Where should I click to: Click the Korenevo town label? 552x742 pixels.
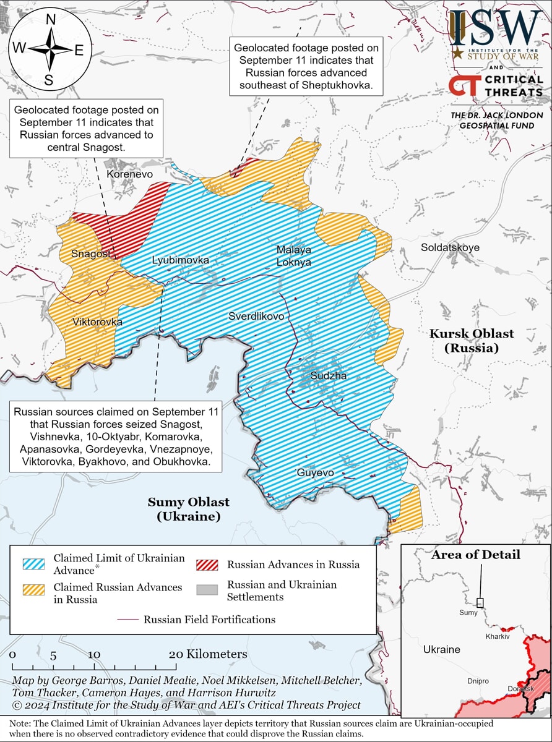tap(129, 174)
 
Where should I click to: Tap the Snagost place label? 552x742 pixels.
tap(91, 254)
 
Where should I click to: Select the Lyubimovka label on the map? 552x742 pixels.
tap(181, 260)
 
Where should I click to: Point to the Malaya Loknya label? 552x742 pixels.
tap(293, 256)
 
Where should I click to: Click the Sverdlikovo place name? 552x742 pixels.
tap(256, 316)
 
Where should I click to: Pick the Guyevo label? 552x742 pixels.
tap(315, 473)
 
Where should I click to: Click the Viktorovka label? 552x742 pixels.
tap(97, 322)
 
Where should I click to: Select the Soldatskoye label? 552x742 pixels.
tap(450, 247)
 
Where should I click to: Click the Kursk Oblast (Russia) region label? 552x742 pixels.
tap(472, 341)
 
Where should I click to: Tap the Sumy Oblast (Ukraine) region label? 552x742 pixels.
tap(188, 509)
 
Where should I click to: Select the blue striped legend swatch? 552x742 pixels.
tap(33, 564)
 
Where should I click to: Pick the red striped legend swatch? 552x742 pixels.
tap(207, 565)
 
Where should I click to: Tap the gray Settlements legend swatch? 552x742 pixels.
tap(207, 590)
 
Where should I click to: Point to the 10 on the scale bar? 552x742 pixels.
tap(93, 655)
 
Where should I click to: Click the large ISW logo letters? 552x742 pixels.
tap(495, 28)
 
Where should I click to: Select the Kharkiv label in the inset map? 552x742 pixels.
tap(497, 636)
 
